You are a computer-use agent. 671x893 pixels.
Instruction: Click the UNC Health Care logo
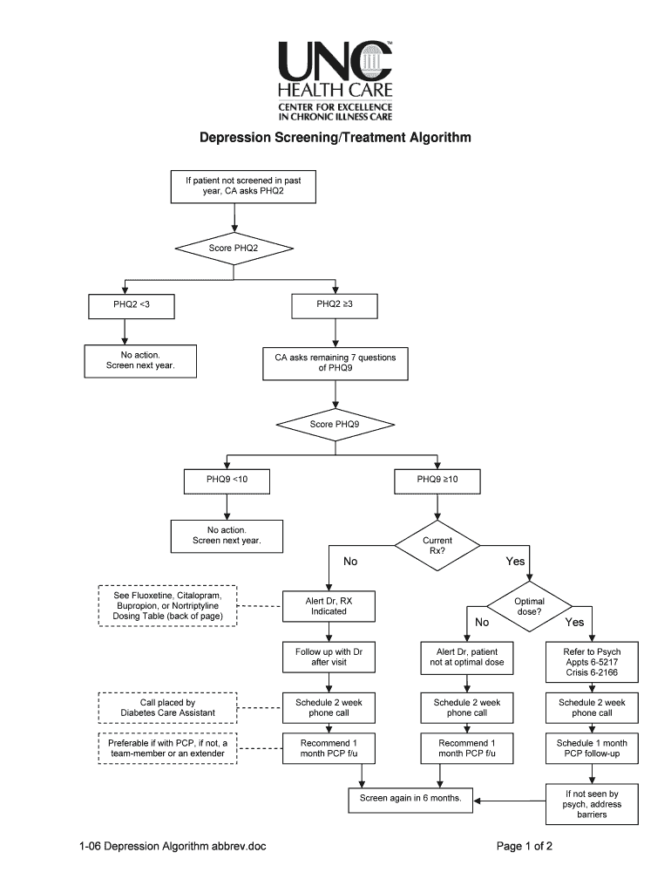tap(335, 80)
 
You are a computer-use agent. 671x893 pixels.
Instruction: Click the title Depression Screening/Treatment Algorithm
tap(335, 138)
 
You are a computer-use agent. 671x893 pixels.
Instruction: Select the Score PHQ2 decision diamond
tap(233, 249)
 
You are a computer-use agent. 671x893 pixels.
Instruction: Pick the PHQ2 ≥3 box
tap(335, 305)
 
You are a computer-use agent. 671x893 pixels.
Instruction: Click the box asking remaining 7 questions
tap(335, 363)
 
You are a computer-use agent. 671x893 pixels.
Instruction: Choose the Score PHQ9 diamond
tap(335, 425)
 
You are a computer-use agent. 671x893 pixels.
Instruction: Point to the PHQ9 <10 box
tap(227, 481)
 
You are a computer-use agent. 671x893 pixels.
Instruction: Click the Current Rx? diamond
tap(437, 547)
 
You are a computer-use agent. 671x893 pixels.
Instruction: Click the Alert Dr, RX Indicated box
tap(329, 606)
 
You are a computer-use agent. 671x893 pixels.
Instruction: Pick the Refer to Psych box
tap(592, 662)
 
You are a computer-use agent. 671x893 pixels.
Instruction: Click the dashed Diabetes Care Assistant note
tap(167, 707)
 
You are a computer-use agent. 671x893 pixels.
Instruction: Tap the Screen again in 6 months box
tap(410, 798)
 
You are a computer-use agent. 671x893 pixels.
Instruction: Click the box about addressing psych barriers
tap(592, 804)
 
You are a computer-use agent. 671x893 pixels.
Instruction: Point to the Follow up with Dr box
tap(329, 657)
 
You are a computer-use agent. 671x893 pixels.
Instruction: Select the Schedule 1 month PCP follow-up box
tap(592, 747)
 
